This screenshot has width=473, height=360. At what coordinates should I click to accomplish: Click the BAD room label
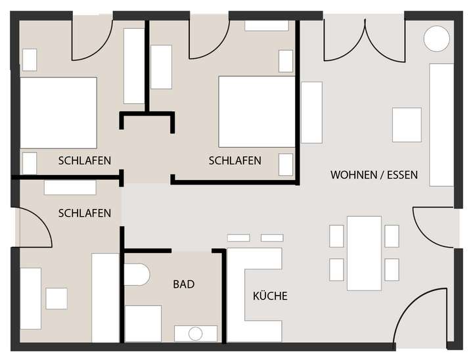[184, 284]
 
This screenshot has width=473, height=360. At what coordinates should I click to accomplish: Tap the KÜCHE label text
[270, 296]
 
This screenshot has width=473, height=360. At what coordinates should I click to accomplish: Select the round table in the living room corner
[436, 39]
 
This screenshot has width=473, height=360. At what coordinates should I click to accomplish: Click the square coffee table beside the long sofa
[407, 125]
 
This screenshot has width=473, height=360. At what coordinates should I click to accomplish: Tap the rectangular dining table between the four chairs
[364, 253]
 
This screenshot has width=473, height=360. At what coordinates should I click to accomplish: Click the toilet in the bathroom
[137, 275]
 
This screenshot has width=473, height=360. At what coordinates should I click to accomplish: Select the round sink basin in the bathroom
[195, 333]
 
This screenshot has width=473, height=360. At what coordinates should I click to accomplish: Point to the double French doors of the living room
[365, 39]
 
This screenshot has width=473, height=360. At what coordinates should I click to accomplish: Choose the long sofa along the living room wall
[441, 125]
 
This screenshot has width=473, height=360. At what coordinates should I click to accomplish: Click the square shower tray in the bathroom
[143, 323]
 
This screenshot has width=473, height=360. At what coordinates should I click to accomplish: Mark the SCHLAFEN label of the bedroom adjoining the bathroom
[84, 214]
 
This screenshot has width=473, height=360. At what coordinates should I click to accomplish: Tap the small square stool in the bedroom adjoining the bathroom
[56, 298]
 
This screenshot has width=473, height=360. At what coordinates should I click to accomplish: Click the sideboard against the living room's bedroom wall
[311, 112]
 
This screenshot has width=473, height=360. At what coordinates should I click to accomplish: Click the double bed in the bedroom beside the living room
[256, 112]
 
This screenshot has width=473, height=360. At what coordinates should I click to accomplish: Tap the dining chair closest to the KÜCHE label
[336, 269]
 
